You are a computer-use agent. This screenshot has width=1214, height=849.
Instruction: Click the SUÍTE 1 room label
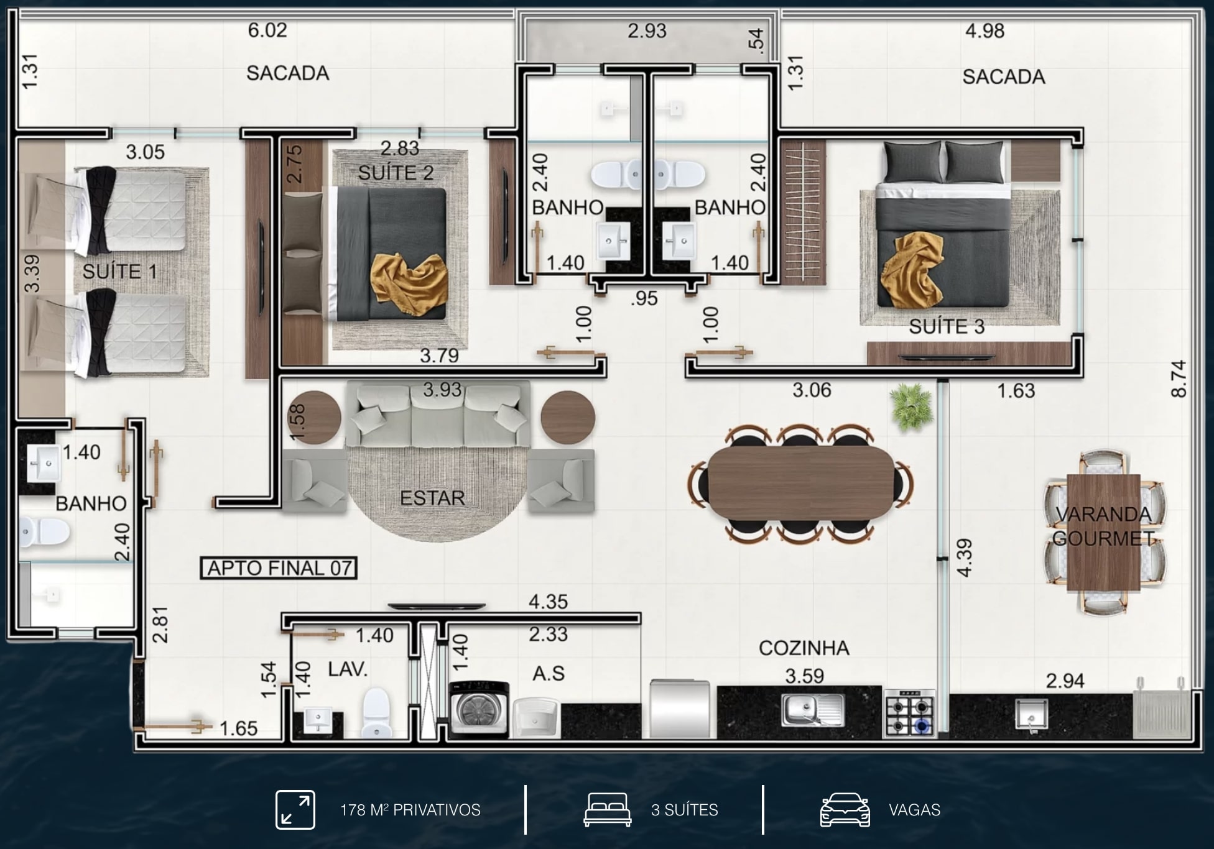tap(119, 272)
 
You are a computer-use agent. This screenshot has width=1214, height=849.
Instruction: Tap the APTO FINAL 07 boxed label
tap(279, 568)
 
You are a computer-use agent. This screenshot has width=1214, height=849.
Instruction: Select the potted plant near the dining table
tap(911, 407)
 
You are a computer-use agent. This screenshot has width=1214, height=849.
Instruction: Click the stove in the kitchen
tap(909, 713)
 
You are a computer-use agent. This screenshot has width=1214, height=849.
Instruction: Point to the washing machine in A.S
tap(479, 709)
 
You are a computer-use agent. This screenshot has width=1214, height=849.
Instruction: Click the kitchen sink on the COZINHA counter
tap(812, 710)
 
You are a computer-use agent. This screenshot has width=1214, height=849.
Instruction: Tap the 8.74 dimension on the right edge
tap(1179, 379)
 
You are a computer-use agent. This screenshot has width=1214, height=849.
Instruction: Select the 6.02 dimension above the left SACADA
tap(267, 30)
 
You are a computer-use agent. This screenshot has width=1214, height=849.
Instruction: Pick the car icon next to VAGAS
tap(845, 810)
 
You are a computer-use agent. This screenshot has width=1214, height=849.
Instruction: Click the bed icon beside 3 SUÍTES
tap(608, 810)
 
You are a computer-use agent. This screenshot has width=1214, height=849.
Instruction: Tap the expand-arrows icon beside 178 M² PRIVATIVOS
tap(295, 810)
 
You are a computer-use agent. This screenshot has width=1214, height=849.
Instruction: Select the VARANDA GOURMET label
tap(1103, 526)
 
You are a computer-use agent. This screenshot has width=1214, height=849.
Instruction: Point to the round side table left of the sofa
tap(314, 417)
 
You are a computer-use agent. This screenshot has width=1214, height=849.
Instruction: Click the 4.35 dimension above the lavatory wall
tap(548, 602)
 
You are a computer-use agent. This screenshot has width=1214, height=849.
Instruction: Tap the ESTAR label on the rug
tap(432, 498)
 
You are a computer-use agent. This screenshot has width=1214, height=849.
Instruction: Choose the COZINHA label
tap(804, 648)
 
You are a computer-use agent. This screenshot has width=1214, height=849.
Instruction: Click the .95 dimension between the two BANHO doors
tap(644, 298)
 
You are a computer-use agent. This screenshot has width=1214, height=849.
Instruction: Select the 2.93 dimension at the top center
tap(647, 30)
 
